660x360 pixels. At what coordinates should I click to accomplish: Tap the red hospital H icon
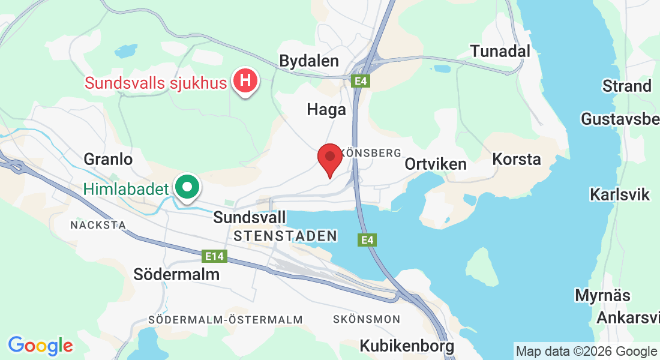coord(245,81)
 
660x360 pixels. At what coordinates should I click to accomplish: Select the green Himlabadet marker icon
coord(188,188)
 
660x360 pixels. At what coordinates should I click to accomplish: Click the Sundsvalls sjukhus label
coord(156,83)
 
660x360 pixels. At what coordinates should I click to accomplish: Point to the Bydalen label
coord(309,61)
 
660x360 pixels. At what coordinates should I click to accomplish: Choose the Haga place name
coord(326,109)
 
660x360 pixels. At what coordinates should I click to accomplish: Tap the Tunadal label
coord(500,51)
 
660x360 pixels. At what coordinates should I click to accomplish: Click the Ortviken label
coord(436,164)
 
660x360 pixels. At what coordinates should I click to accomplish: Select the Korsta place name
coord(517,159)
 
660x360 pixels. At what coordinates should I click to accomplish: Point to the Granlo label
coord(108,159)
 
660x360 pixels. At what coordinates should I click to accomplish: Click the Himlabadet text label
coord(126,190)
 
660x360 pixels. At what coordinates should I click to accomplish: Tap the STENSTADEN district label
coord(286,236)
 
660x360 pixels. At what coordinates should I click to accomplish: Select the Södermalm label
coord(176,274)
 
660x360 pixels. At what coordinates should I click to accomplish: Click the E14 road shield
coord(214,256)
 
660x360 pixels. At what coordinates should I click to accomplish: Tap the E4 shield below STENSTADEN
coord(368,240)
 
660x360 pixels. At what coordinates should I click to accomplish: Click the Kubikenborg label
coord(407,346)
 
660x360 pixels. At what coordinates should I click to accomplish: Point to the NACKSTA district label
coord(98,225)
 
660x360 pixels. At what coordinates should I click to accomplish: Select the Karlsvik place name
coord(620,194)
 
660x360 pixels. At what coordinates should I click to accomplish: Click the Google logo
coord(40,346)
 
